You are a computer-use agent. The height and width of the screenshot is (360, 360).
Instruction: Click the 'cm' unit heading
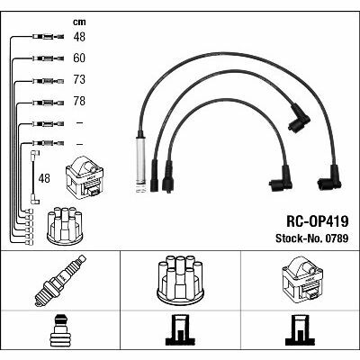point(79,22)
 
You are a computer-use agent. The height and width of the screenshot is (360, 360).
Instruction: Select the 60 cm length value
point(79,58)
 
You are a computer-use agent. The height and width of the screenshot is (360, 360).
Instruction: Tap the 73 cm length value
point(79,79)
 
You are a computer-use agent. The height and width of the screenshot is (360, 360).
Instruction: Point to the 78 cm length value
point(79,101)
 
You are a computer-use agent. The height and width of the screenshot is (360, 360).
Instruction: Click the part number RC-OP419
point(318,222)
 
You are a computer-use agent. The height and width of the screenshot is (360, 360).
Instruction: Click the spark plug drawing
point(60,281)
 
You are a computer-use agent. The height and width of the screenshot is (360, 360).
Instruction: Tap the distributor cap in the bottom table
point(180,278)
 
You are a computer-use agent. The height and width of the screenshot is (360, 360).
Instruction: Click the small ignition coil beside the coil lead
point(85,178)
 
